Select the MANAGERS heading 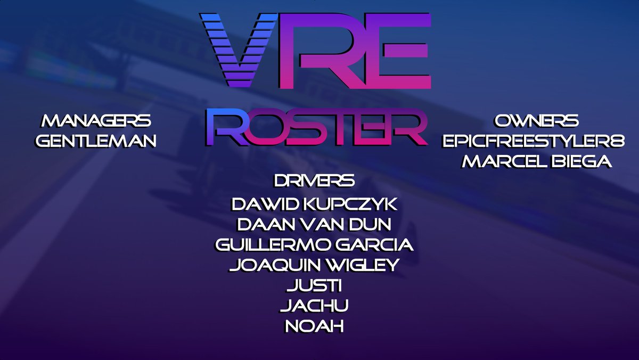[96, 121]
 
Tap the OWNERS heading [536, 121]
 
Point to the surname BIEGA [580, 161]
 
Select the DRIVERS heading [314, 181]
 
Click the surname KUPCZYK [352, 204]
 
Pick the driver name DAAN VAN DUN [314, 224]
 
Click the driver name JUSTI [314, 285]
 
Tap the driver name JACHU [314, 305]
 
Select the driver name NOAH [314, 325]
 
